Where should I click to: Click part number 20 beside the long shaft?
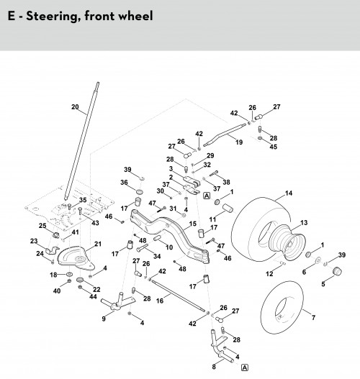(76, 107)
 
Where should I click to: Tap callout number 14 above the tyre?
(289, 193)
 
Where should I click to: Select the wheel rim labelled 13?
(287, 242)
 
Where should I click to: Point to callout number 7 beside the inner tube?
(313, 317)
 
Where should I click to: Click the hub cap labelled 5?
(337, 271)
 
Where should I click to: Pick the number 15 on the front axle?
(193, 224)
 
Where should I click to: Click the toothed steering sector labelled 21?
(76, 258)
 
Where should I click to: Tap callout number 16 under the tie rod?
(160, 301)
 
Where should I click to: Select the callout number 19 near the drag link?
(239, 142)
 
